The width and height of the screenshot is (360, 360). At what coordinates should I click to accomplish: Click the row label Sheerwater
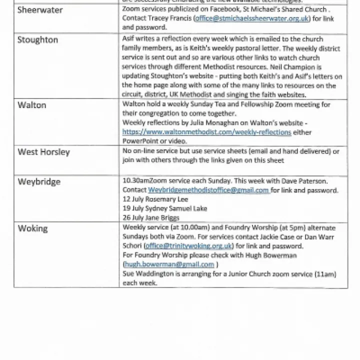[40, 10]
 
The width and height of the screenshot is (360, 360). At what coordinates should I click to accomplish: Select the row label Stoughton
[37, 40]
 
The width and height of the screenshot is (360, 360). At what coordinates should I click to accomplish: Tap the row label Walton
[31, 105]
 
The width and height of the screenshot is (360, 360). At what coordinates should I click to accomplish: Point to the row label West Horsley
[43, 152]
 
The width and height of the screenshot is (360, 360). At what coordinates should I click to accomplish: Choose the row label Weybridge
[39, 182]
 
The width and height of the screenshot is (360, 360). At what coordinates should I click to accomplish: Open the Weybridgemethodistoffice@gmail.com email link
[209, 190]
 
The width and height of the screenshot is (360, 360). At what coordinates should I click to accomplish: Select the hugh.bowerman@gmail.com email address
[169, 264]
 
